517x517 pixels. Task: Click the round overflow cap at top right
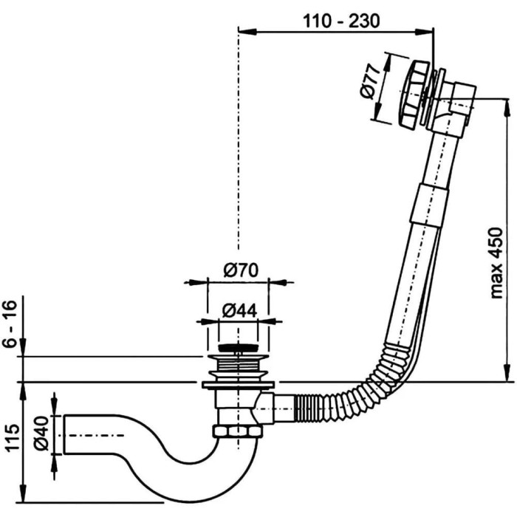(410, 86)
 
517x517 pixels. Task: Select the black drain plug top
(237, 346)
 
